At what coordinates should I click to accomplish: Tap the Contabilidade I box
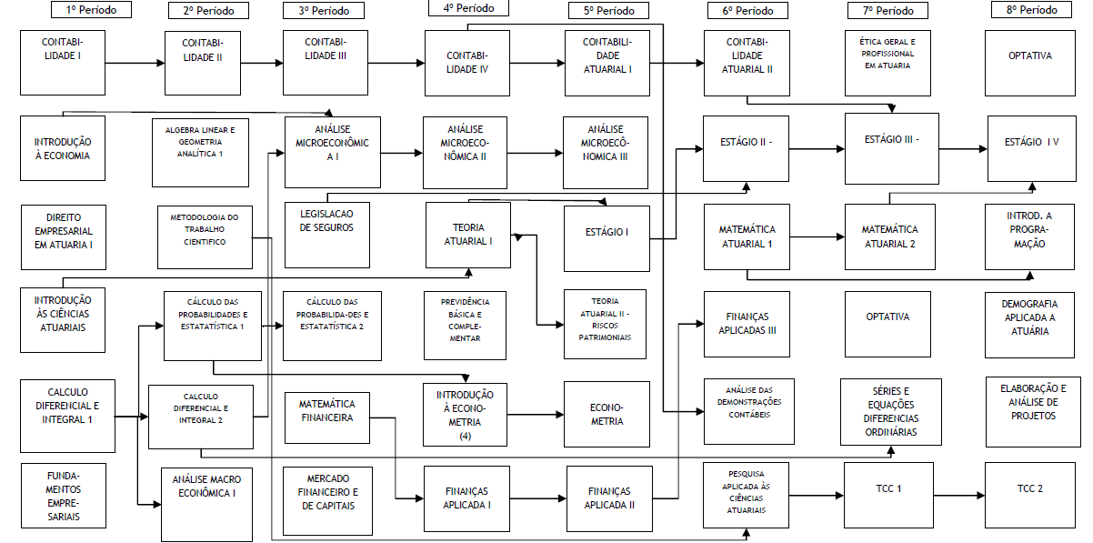click(62, 62)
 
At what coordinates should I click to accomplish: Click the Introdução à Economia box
click(63, 148)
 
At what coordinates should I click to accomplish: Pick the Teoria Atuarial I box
click(467, 234)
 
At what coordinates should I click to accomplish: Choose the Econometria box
click(607, 415)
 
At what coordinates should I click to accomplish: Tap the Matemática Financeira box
click(326, 411)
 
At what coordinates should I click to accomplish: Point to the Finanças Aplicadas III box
click(747, 324)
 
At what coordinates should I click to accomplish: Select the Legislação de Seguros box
click(326, 220)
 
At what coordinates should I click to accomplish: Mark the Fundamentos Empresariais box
click(63, 496)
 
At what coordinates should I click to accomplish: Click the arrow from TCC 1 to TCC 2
click(958, 496)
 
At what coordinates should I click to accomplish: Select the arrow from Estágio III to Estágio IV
click(958, 148)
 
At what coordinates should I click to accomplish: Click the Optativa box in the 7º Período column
click(887, 317)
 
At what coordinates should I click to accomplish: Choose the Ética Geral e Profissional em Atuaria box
click(887, 54)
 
